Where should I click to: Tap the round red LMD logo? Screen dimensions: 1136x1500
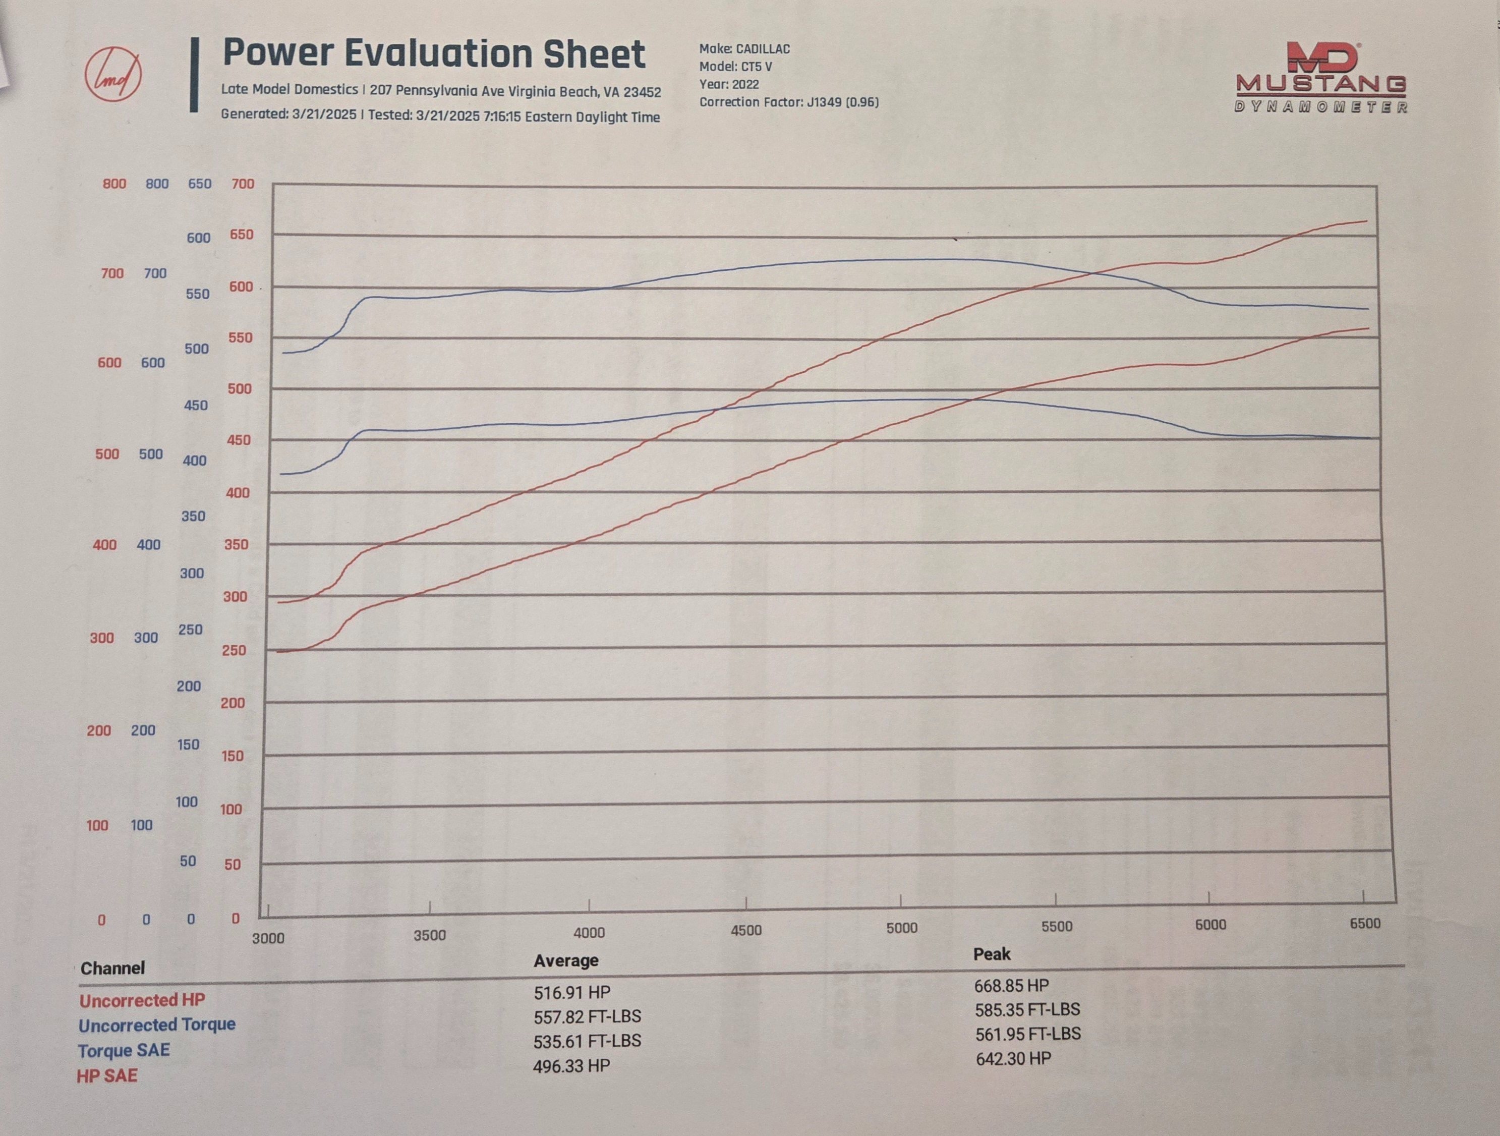(x=113, y=75)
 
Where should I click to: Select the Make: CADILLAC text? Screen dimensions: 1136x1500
(x=744, y=49)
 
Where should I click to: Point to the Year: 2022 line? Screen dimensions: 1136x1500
(x=729, y=85)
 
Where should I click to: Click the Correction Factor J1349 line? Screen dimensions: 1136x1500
(x=789, y=102)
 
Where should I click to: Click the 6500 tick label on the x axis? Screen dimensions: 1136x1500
(x=1364, y=924)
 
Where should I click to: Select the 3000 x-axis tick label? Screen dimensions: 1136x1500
(x=268, y=938)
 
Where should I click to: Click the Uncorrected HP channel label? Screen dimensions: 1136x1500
(x=142, y=1000)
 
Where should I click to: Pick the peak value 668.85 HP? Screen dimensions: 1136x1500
(x=1011, y=986)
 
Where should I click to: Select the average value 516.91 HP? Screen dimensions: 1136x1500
(x=571, y=993)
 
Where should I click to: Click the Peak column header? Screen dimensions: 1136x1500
(x=992, y=954)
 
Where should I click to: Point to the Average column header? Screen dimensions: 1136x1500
(x=565, y=960)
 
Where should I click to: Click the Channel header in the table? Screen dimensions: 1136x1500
(x=112, y=968)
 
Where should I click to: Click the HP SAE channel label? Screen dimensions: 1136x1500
(x=106, y=1075)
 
